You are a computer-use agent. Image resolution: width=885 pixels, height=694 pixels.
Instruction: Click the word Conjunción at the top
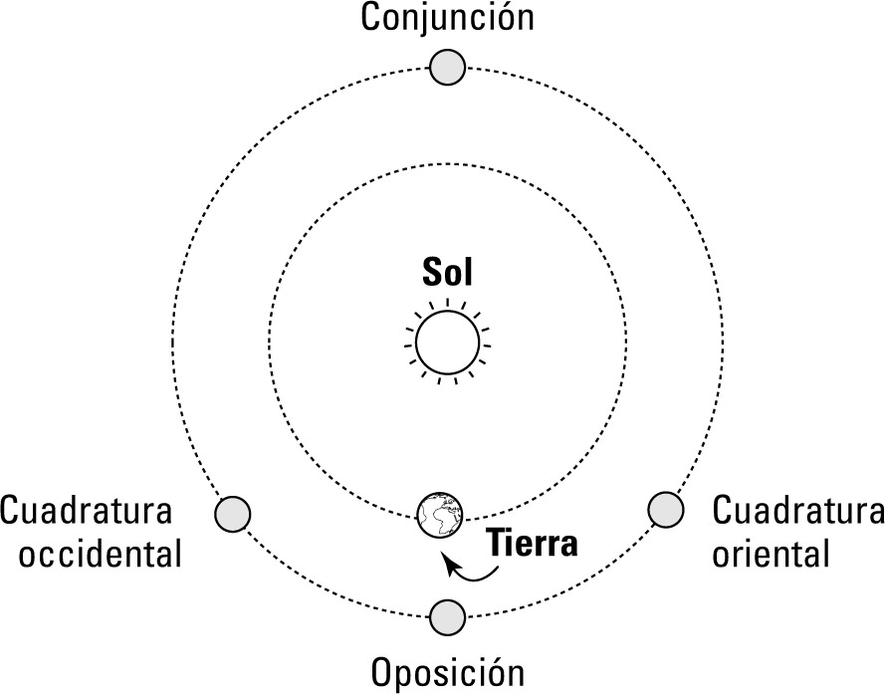point(447,18)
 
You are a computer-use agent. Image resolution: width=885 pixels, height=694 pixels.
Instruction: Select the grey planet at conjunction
point(448,67)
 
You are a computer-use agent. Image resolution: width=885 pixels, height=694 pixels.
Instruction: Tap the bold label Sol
point(448,272)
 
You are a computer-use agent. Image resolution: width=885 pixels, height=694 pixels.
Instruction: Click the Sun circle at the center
point(448,343)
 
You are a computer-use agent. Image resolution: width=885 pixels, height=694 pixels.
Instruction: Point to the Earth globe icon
point(440,515)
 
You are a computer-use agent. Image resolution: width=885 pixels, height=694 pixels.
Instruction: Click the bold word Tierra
point(533,544)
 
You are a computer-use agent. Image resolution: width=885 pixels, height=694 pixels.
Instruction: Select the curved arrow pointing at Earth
point(470,570)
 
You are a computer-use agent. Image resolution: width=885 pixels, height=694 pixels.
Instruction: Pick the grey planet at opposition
point(448,617)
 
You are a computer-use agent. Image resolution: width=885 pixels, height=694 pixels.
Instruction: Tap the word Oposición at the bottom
point(448,672)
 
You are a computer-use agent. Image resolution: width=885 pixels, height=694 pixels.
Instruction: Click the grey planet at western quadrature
point(233,515)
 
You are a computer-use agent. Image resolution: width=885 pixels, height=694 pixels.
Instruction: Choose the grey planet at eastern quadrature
point(666,510)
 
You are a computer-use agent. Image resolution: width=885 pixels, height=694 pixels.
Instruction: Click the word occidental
point(101,554)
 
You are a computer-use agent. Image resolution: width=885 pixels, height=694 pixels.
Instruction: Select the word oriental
point(771,554)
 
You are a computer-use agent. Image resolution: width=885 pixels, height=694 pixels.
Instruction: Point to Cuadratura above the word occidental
point(86,510)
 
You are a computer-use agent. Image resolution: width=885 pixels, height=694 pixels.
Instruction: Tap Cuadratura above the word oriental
point(798,510)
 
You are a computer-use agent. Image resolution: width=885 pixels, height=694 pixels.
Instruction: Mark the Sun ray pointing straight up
point(448,304)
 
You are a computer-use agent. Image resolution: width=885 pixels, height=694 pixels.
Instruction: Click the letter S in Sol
point(431,272)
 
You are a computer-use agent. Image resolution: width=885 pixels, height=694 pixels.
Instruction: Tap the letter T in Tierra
point(497,544)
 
